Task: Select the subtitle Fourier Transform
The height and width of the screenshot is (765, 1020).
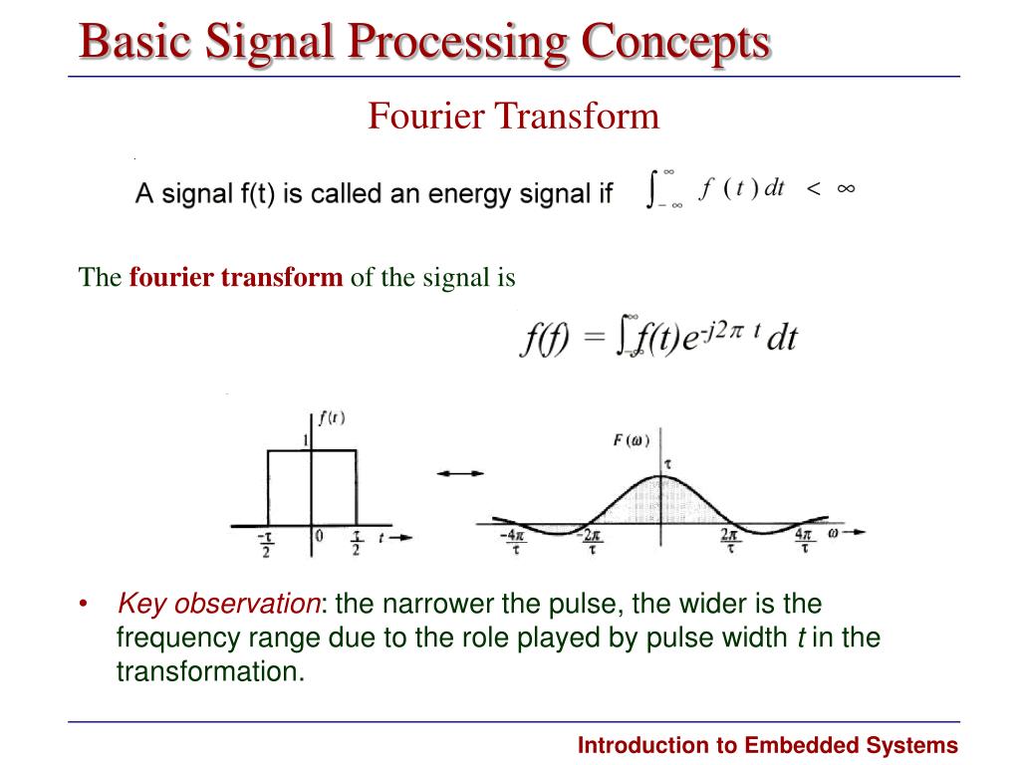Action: coord(513,117)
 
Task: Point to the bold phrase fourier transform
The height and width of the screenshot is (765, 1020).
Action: coord(235,277)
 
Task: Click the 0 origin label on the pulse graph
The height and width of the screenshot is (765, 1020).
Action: coord(319,536)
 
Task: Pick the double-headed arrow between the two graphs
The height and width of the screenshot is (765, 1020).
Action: coord(459,474)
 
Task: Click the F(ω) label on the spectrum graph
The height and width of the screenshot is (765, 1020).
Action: coord(631,440)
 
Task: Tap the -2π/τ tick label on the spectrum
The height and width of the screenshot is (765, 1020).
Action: coord(592,543)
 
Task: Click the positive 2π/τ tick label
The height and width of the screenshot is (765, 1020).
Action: coord(730,543)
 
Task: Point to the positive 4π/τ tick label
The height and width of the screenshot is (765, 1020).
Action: coord(803,543)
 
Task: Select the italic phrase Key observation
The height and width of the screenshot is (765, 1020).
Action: coord(218,604)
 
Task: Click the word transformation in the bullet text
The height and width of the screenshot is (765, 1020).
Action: coord(209,671)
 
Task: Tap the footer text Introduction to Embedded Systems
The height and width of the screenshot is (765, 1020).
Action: coord(768,745)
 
